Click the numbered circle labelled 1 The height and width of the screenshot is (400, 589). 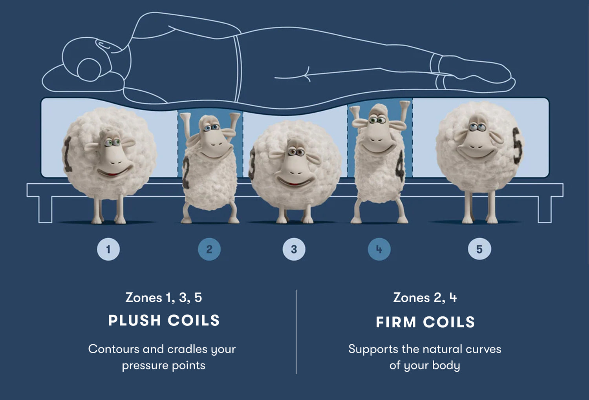coord(108,249)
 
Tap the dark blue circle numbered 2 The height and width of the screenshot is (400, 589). coord(209,249)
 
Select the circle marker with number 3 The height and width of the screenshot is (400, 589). coord(294,249)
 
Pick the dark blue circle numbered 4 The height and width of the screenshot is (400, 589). coord(379,249)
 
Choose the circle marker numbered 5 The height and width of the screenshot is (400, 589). coord(479,249)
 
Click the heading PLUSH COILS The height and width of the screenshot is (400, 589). coord(164,321)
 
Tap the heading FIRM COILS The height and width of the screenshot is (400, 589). coord(425,322)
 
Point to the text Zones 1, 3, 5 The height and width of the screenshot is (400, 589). coord(164,298)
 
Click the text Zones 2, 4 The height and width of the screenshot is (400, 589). coord(425,298)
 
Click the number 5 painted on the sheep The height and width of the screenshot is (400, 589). coord(518,145)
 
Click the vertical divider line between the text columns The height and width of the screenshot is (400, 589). coord(296,332)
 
